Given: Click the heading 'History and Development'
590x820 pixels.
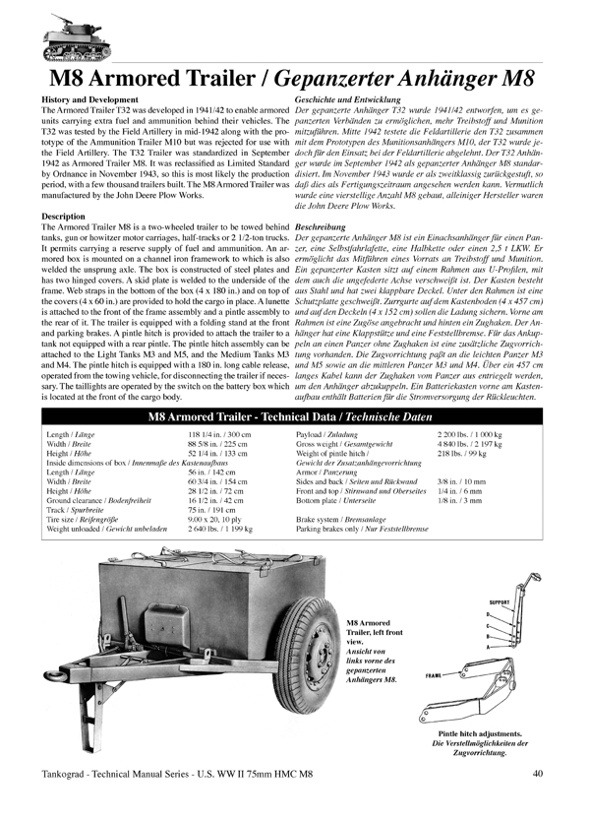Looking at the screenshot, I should (86, 101).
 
